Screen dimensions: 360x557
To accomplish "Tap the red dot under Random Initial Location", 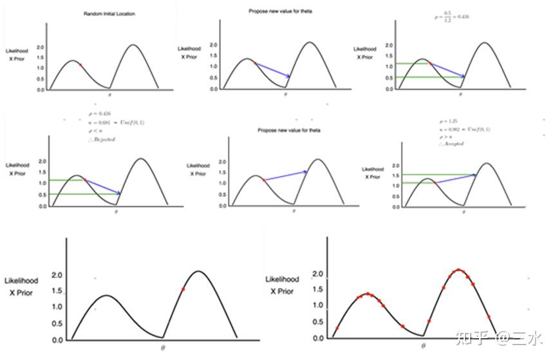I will (x=80, y=64).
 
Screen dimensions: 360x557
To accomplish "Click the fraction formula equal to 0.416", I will (x=451, y=16).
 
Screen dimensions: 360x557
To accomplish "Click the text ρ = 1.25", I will (x=446, y=121).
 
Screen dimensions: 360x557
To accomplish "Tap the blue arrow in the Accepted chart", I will (x=456, y=178).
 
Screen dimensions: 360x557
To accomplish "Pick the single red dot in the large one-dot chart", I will (x=183, y=289).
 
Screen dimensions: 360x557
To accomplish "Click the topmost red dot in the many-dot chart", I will (x=458, y=270).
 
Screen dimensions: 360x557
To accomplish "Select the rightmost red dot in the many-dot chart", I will (x=489, y=317).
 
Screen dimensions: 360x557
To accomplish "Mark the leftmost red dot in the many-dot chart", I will (x=336, y=328).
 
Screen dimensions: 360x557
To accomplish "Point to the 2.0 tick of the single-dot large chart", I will (x=57, y=276).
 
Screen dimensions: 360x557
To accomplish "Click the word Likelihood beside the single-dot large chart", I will (x=21, y=281).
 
